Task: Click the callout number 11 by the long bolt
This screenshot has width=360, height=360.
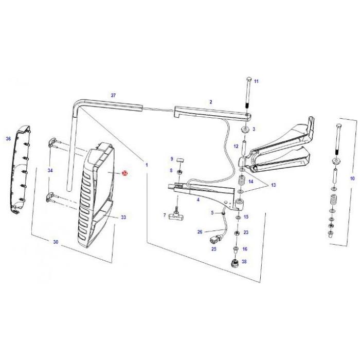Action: tap(256, 81)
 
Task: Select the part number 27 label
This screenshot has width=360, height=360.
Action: tap(114, 96)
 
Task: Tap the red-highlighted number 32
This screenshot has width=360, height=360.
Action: tap(124, 174)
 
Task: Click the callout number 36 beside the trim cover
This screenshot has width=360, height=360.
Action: tap(8, 139)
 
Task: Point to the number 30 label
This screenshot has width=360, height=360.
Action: tap(56, 242)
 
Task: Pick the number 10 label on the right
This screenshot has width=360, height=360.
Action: tap(352, 178)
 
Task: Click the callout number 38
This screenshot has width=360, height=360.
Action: tap(244, 261)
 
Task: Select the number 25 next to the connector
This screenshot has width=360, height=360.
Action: tap(214, 249)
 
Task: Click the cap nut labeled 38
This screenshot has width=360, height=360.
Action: tap(235, 264)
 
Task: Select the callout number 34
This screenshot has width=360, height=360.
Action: tap(50, 170)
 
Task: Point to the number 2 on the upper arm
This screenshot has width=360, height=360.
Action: tap(210, 102)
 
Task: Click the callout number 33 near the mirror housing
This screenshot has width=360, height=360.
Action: tap(123, 218)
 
